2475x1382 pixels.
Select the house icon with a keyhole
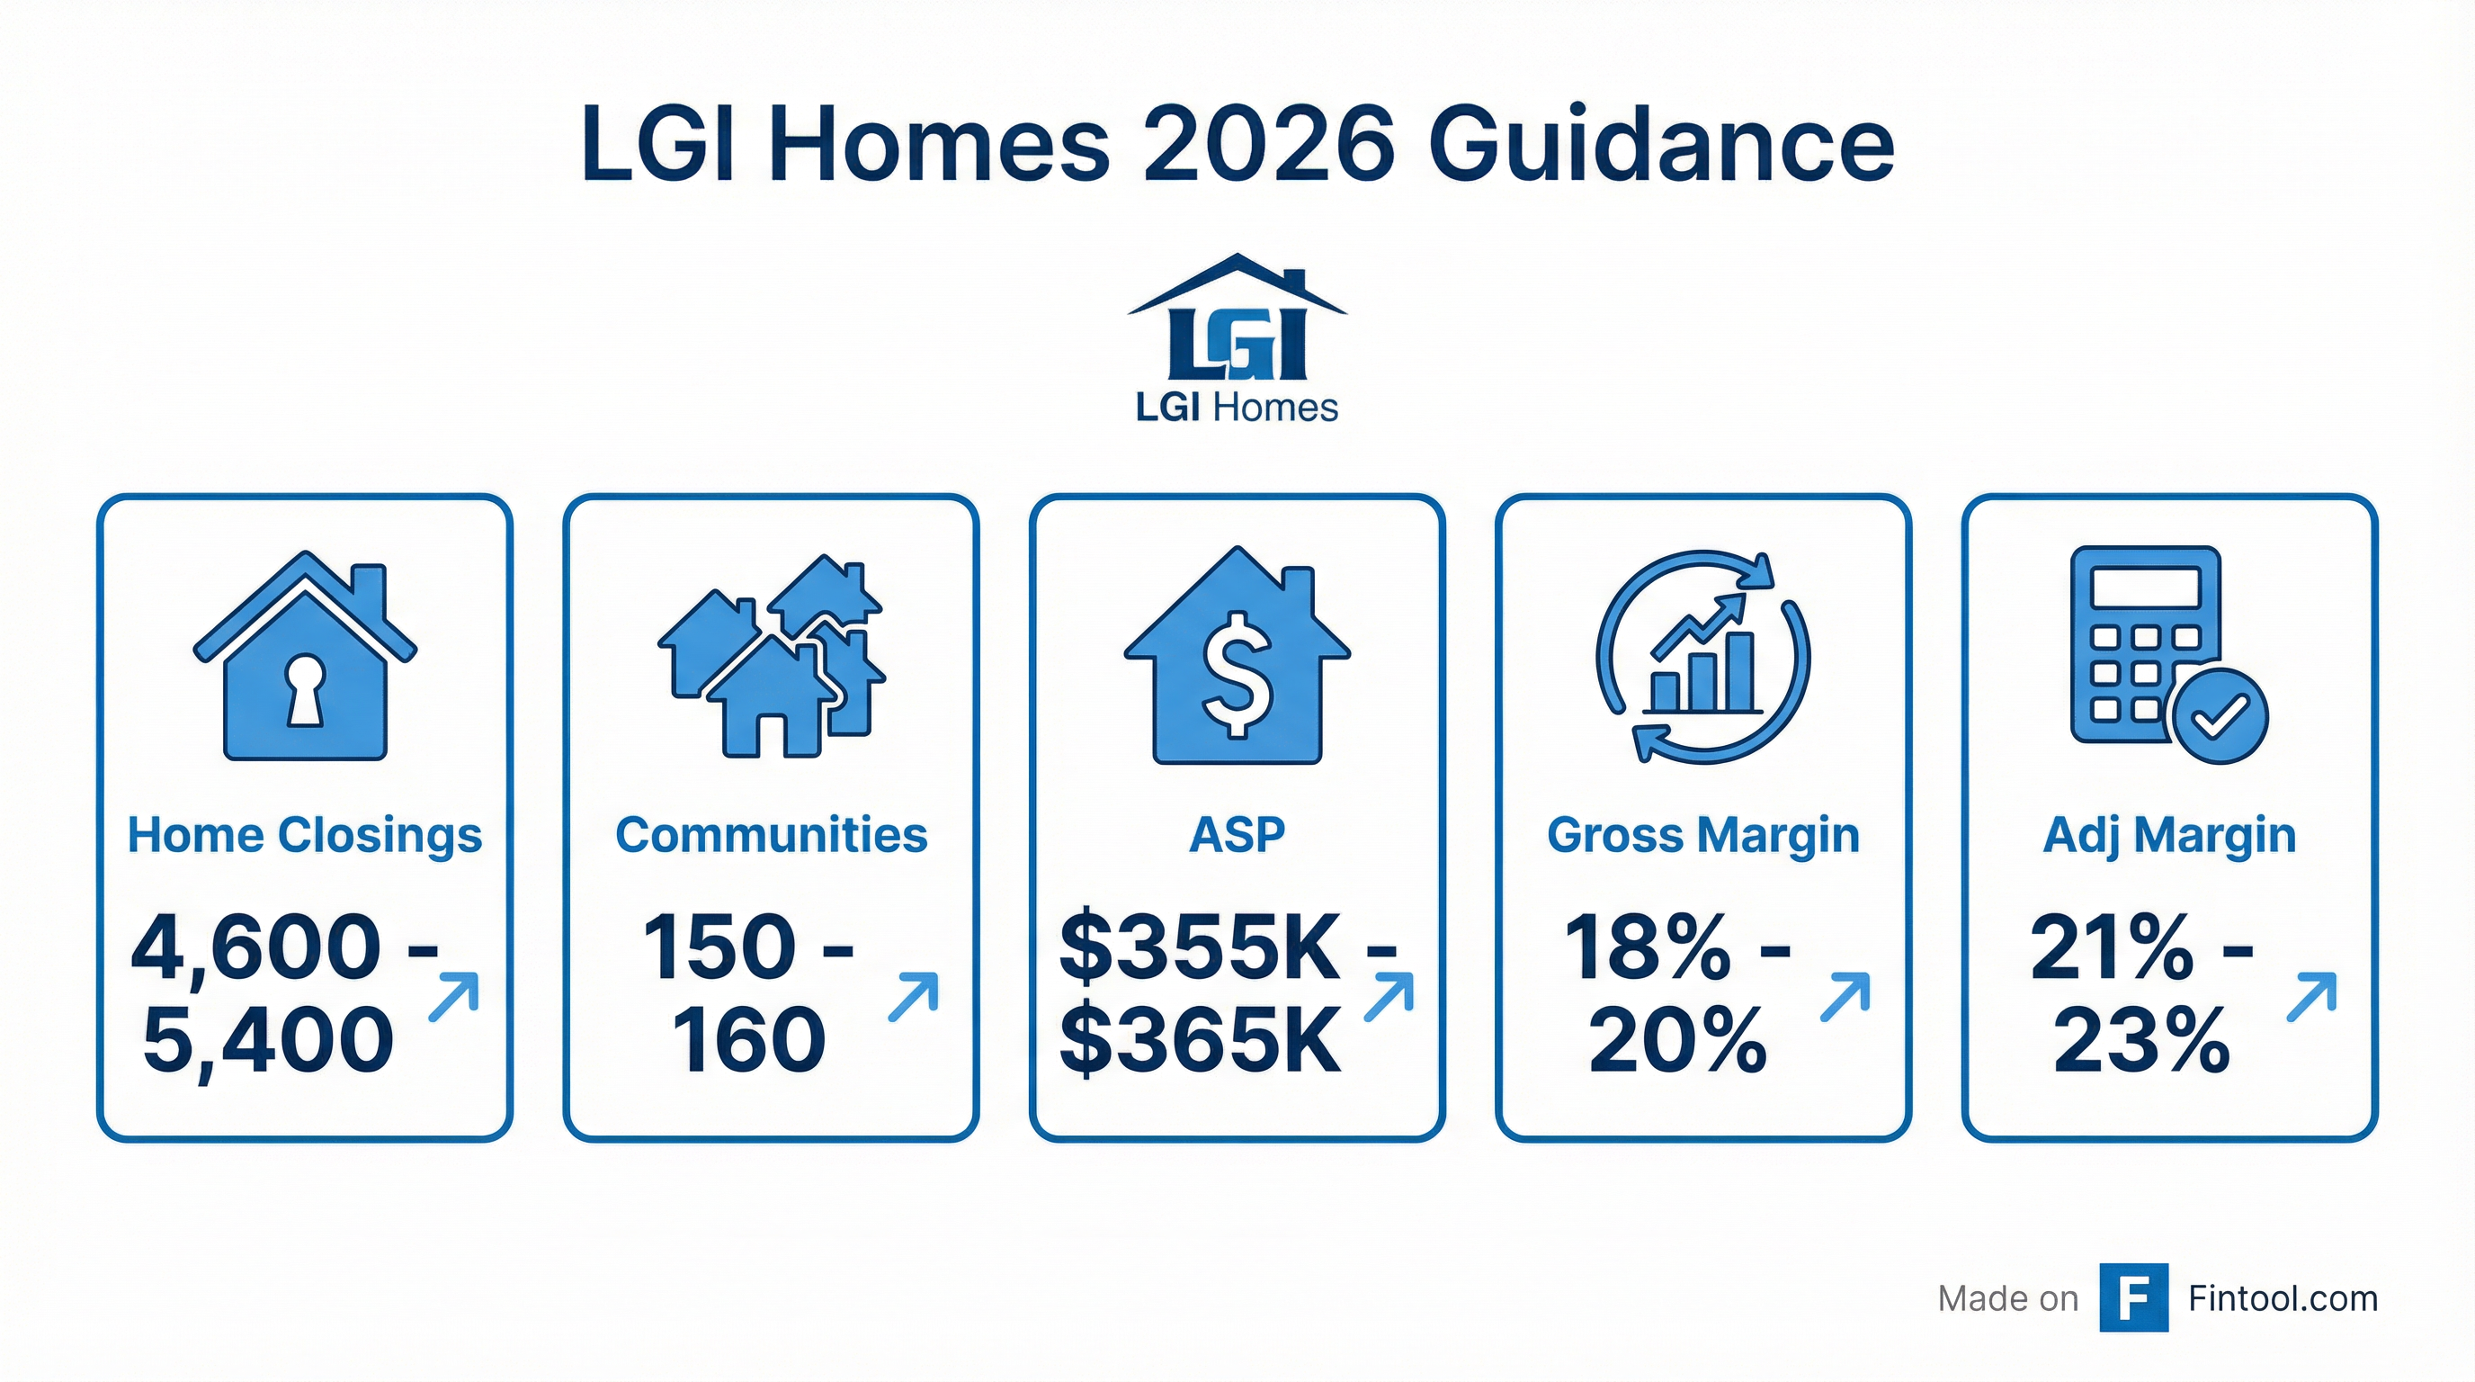pos(306,658)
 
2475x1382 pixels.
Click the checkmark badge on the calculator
pos(2220,715)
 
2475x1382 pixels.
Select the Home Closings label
pos(305,834)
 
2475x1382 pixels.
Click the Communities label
pos(772,834)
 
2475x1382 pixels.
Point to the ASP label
pos(1237,834)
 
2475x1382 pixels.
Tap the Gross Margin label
pos(1702,834)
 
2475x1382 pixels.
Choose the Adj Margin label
pos(2168,834)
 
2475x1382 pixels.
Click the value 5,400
pos(268,1041)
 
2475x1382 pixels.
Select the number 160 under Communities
pos(748,1041)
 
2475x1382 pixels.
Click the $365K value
pos(1199,1041)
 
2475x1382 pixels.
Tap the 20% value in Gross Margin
pos(1676,1041)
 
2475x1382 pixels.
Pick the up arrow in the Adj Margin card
pos(2310,997)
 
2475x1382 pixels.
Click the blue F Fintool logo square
pos(2133,1297)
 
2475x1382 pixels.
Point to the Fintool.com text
pos(2282,1298)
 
